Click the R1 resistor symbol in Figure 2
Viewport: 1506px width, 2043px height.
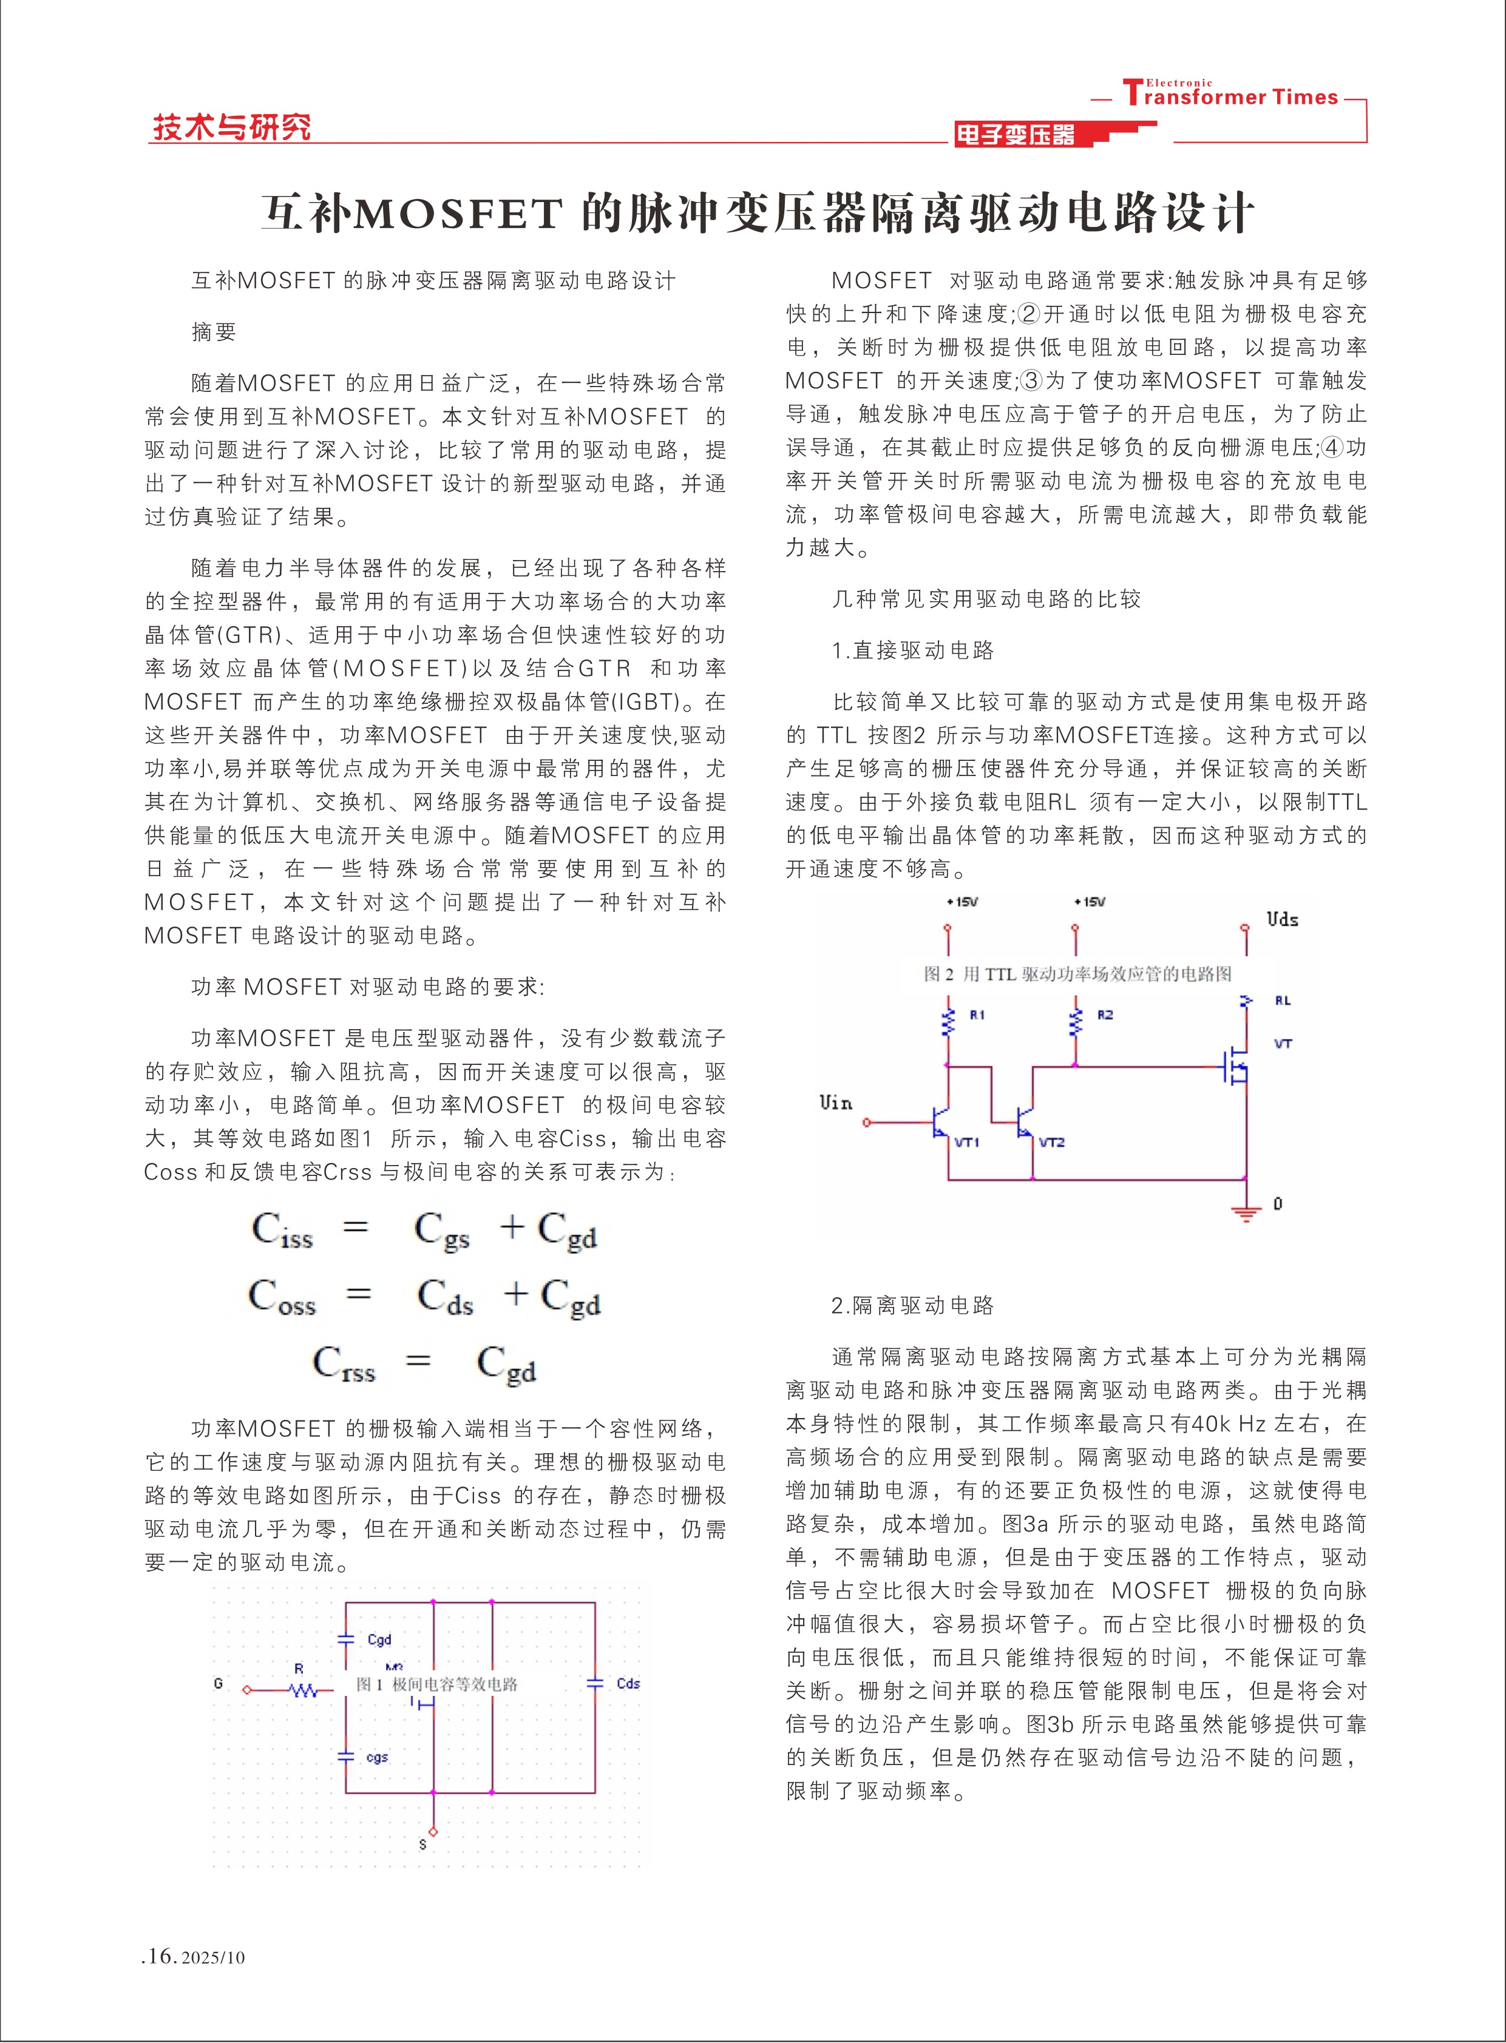tap(948, 1022)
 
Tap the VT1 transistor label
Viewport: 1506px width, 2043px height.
tap(967, 1142)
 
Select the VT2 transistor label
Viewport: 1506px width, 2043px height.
tap(1052, 1142)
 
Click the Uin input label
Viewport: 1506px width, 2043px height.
tap(835, 1103)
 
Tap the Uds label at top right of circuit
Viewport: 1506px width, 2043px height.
tap(1282, 919)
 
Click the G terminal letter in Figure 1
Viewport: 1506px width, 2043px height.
tap(218, 1683)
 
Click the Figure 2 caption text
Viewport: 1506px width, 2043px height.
tap(1077, 974)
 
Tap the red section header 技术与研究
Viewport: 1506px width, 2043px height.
tap(231, 127)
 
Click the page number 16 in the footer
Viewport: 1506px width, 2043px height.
tap(160, 1956)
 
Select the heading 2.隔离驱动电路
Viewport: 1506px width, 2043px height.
tap(912, 1305)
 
